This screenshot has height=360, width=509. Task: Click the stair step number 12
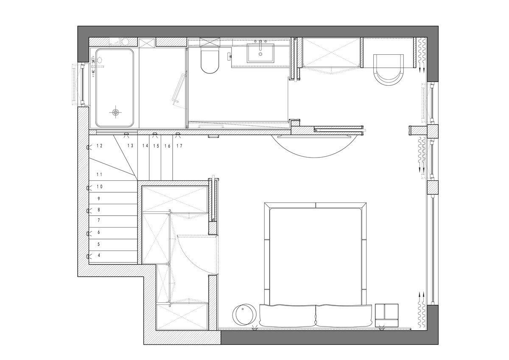tap(100, 146)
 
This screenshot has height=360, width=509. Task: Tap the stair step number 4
tap(99, 256)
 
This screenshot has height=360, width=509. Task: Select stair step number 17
tap(179, 146)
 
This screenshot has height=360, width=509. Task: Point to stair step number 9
tap(99, 199)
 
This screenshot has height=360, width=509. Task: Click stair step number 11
tap(100, 174)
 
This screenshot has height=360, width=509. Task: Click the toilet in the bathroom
tap(210, 60)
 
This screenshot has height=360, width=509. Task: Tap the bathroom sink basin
tap(260, 53)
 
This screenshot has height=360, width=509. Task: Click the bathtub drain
tap(116, 112)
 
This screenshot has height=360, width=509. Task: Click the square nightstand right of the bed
tap(386, 315)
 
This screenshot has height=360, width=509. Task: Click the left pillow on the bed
tap(288, 316)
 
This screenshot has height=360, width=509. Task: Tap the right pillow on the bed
tap(344, 316)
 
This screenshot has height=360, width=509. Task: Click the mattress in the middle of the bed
tap(316, 256)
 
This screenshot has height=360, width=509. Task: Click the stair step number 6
tap(99, 232)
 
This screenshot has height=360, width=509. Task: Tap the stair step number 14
tap(145, 146)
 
